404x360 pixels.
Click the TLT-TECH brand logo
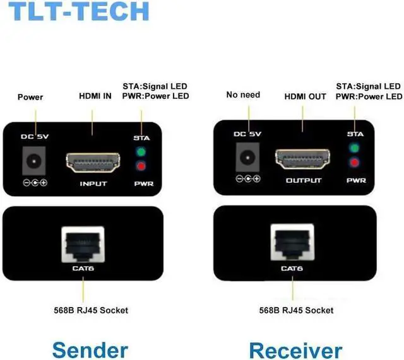[x=79, y=11]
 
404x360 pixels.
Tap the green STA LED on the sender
[x=141, y=152]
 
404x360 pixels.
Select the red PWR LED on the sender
[x=141, y=166]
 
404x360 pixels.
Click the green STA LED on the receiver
[x=354, y=148]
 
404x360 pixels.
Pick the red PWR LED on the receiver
[x=354, y=163]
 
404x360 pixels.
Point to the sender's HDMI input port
[x=93, y=163]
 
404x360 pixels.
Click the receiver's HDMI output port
[x=303, y=159]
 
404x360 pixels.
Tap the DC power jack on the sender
[x=33, y=161]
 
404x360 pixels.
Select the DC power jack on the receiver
[x=247, y=157]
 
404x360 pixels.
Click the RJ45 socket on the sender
[x=83, y=245]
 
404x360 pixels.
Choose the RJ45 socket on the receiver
[x=292, y=242]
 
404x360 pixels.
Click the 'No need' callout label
[x=243, y=95]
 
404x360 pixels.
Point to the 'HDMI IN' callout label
[x=95, y=96]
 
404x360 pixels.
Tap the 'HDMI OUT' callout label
[x=305, y=96]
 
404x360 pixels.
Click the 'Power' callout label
[x=30, y=97]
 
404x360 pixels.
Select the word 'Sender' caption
[x=90, y=349]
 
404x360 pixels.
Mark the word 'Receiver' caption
[x=295, y=350]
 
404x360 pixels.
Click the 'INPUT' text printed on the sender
[x=93, y=183]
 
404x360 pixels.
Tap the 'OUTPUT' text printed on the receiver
[x=304, y=180]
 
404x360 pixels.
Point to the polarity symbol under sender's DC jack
[x=35, y=183]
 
